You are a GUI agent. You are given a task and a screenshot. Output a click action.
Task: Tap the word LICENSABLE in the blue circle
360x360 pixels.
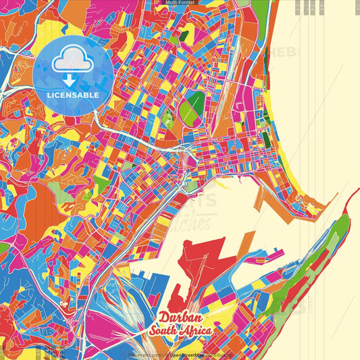pos(73,95)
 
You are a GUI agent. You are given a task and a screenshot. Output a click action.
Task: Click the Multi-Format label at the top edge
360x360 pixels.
pos(179,3)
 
